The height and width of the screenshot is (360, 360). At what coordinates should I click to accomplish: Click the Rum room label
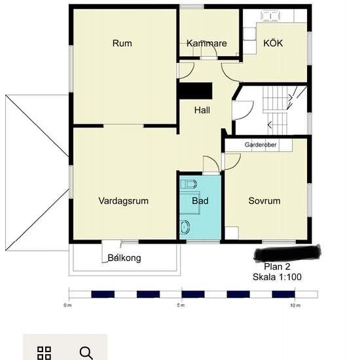[122, 43]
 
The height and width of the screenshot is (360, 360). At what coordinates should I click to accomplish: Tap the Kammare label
[207, 43]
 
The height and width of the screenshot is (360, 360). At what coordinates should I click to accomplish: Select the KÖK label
[273, 43]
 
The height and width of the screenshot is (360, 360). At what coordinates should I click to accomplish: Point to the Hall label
[202, 110]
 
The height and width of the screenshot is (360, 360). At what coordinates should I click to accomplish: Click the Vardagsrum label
[123, 201]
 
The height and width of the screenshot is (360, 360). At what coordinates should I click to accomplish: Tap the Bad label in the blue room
[200, 201]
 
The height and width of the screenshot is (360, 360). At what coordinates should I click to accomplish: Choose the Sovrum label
[264, 201]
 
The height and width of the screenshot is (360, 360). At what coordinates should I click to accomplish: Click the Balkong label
[124, 258]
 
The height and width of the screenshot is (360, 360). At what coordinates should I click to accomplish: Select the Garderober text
[261, 145]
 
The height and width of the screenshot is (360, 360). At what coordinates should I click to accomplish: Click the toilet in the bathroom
[189, 184]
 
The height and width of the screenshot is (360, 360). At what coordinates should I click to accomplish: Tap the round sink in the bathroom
[185, 227]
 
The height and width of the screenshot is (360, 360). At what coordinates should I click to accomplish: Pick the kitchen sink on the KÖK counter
[270, 16]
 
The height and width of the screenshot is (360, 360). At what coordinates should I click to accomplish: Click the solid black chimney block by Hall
[196, 91]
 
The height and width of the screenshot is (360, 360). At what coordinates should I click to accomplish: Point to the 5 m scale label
[181, 306]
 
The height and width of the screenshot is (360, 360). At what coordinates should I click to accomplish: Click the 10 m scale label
[295, 306]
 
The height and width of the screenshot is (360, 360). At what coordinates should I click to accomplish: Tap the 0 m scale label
[67, 306]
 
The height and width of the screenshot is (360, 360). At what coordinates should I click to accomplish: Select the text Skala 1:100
[277, 277]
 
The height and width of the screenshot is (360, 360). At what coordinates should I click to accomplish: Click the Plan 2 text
[277, 266]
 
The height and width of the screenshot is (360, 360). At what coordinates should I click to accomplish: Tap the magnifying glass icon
[86, 353]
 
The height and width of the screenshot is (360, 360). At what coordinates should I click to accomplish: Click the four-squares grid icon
[44, 353]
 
